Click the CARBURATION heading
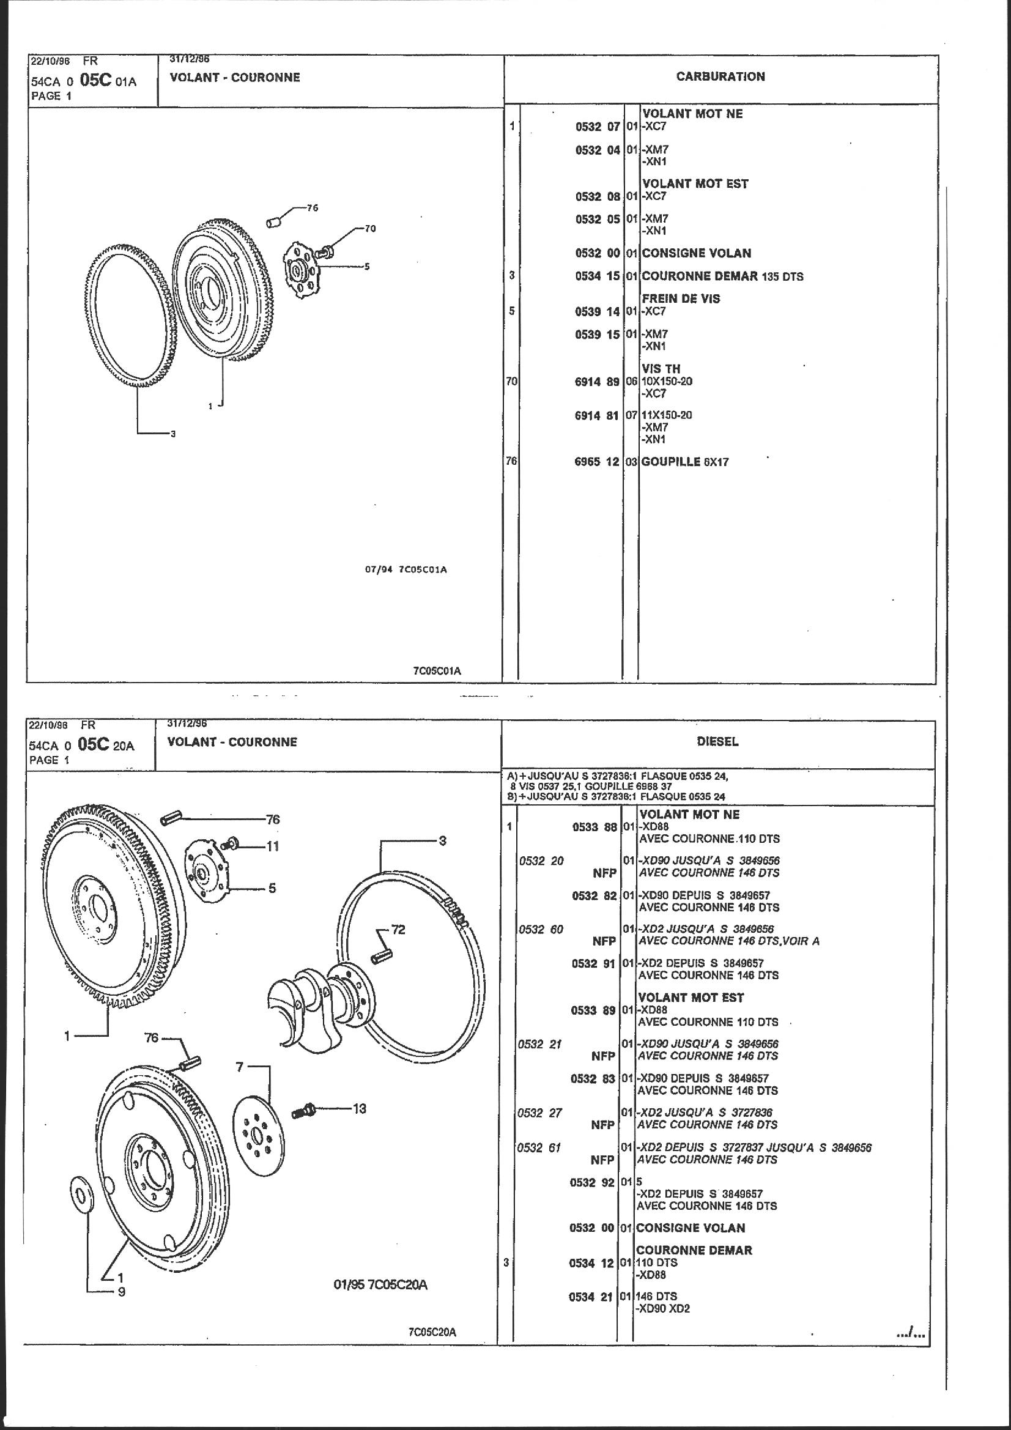click(x=720, y=76)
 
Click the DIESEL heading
click(x=717, y=741)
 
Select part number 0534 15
click(x=597, y=276)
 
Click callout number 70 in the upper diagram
click(x=370, y=229)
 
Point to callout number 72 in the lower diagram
click(x=398, y=930)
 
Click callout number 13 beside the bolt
click(x=360, y=1109)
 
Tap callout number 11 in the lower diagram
click(x=273, y=846)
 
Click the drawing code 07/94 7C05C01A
click(x=406, y=569)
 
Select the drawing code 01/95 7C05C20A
click(x=380, y=1284)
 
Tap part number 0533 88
click(x=594, y=827)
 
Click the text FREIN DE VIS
click(x=681, y=298)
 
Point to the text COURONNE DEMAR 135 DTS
click(x=722, y=276)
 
